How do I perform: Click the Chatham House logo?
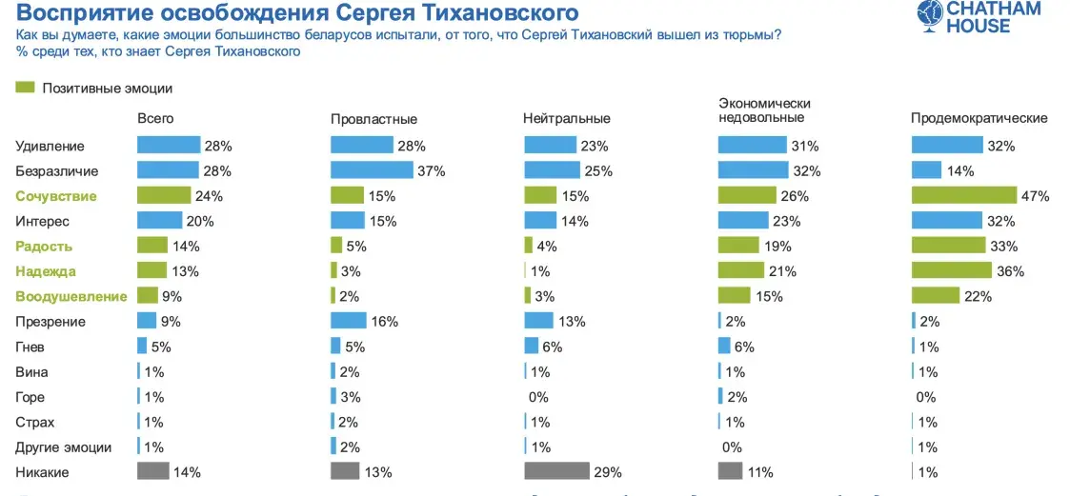point(979,17)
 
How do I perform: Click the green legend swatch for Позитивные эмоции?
point(26,88)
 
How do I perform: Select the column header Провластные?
point(373,119)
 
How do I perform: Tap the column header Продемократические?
point(979,118)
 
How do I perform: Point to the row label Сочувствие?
point(55,196)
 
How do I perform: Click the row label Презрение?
point(50,322)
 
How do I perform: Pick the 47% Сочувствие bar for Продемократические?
point(964,195)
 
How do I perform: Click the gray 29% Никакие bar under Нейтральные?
point(556,471)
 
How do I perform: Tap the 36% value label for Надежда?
point(1010,271)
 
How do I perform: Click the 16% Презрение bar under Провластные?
point(348,322)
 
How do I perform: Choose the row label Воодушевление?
point(71,296)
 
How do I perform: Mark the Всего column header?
point(155,118)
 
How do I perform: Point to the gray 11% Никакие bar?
point(730,471)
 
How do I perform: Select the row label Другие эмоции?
point(64,446)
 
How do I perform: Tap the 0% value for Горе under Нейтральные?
point(539,397)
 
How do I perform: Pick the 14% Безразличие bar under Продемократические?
point(927,170)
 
